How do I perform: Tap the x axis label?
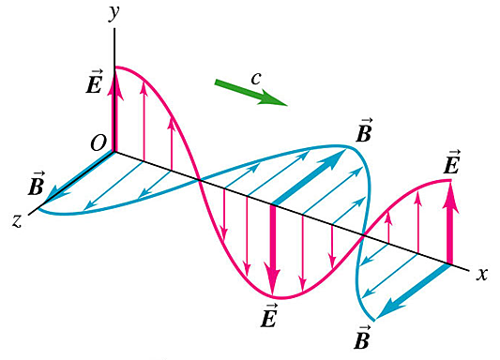click(482, 274)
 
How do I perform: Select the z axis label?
click(16, 219)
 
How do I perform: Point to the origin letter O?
click(97, 142)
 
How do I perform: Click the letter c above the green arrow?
click(255, 78)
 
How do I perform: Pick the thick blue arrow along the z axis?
click(79, 175)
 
